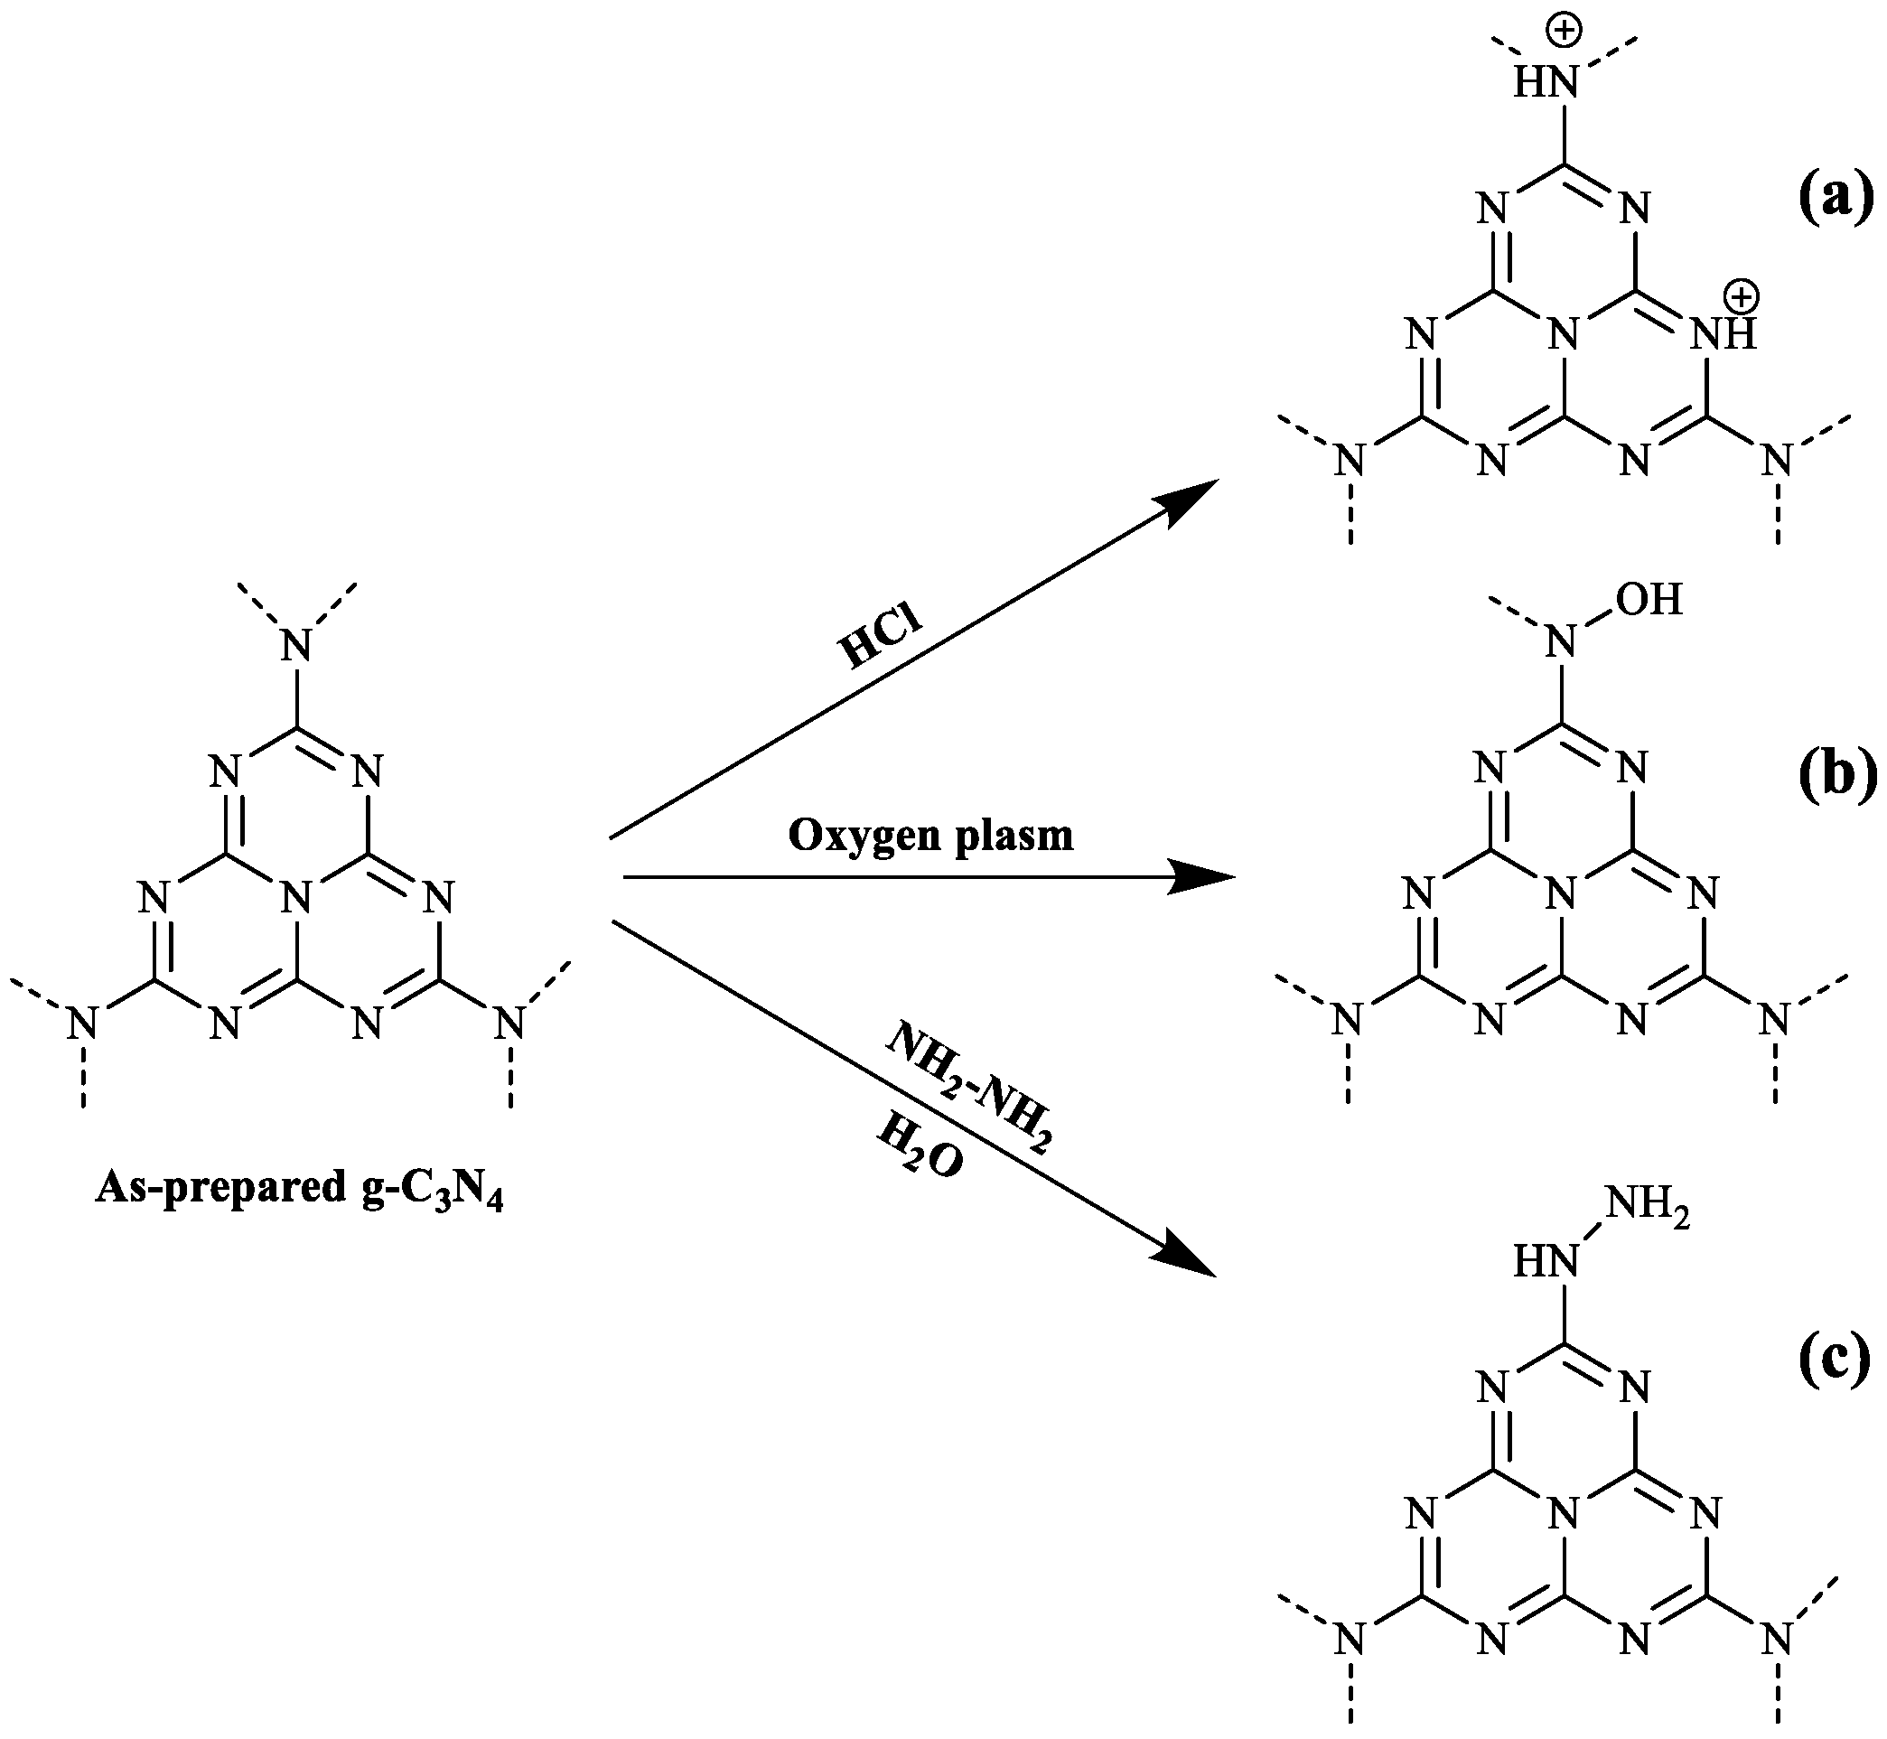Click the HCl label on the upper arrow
[x=881, y=639]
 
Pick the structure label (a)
[x=1836, y=201]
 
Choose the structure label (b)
[x=1836, y=778]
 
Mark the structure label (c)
[x=1836, y=1361]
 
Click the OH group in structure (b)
[x=1653, y=601]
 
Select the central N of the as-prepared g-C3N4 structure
[x=297, y=899]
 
